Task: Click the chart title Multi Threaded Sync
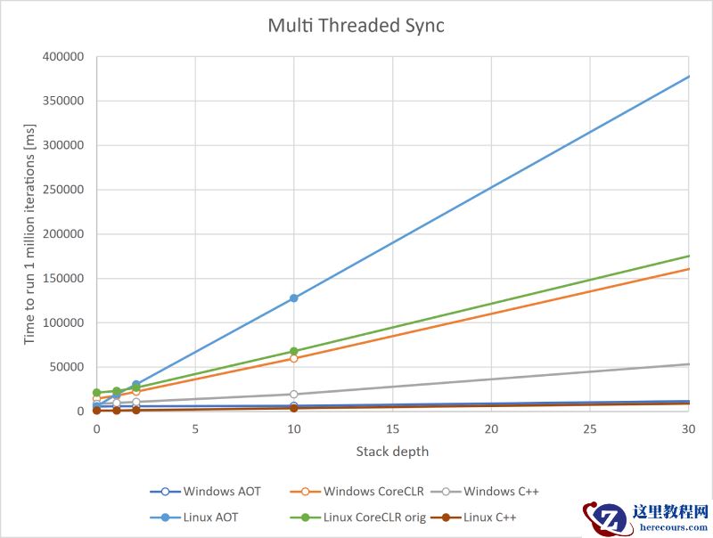pos(356,26)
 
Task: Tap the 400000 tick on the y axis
pos(62,57)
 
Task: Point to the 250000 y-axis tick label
pos(62,190)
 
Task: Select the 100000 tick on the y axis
pos(62,322)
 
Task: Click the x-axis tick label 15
pos(392,429)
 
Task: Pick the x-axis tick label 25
pos(589,429)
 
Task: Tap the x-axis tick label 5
pos(195,429)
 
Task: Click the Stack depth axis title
pos(392,452)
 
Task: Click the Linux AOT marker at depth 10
pos(293,298)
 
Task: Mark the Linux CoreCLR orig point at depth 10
pos(293,351)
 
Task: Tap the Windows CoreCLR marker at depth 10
pos(293,358)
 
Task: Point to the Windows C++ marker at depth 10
pos(293,394)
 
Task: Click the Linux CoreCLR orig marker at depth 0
pos(96,393)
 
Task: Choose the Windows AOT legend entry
pos(206,491)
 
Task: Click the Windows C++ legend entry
pos(491,491)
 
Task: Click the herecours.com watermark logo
pos(646,518)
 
